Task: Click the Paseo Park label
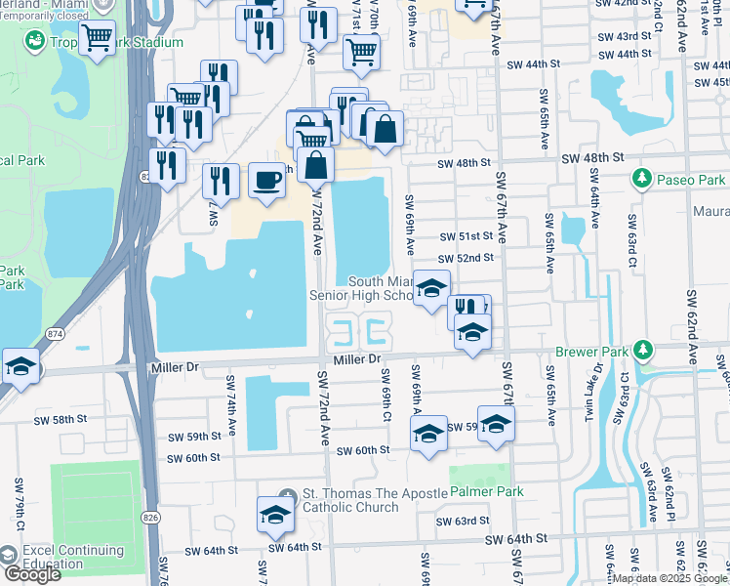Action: coord(691,180)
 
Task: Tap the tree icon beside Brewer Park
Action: coord(642,350)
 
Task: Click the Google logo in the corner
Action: coord(32,574)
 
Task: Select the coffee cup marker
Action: coord(267,180)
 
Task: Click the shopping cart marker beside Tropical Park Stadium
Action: coord(96,38)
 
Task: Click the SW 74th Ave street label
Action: coord(231,415)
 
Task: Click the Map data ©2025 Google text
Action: coord(669,578)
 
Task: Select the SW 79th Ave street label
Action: coord(19,499)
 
